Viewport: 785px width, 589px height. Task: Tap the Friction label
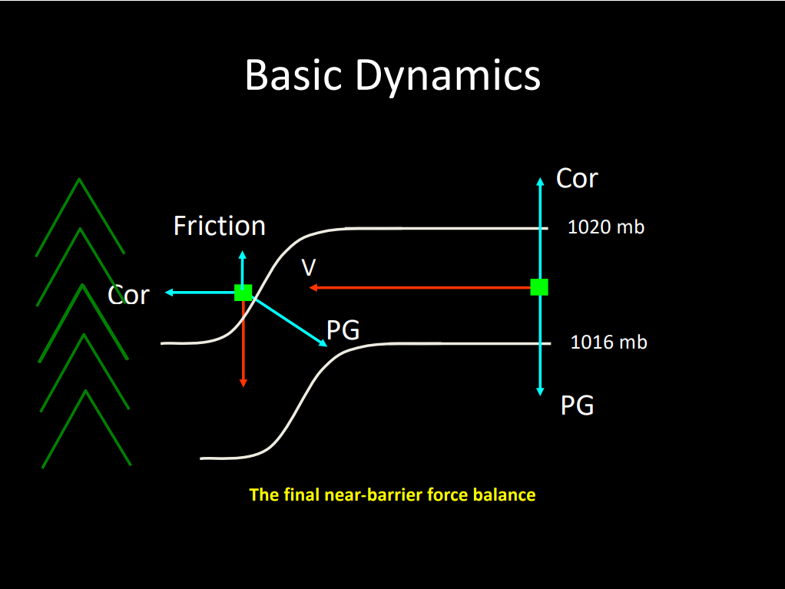pyautogui.click(x=220, y=226)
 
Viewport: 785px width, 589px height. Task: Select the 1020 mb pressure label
pyautogui.click(x=606, y=227)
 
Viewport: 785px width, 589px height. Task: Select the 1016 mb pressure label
pyautogui.click(x=608, y=342)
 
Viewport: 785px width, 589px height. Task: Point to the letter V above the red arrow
pyautogui.click(x=309, y=267)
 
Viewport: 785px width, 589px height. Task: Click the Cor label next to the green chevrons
pyautogui.click(x=128, y=294)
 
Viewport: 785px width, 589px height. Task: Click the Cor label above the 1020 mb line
pyautogui.click(x=577, y=178)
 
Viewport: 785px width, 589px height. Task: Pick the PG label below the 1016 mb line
pyautogui.click(x=577, y=405)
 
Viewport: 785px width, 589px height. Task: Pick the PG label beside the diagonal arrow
pyautogui.click(x=343, y=330)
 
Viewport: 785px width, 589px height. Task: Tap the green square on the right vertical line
pyautogui.click(x=539, y=287)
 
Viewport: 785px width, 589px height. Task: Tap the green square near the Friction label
pyautogui.click(x=243, y=293)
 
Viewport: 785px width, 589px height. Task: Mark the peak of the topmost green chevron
pyautogui.click(x=79, y=180)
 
